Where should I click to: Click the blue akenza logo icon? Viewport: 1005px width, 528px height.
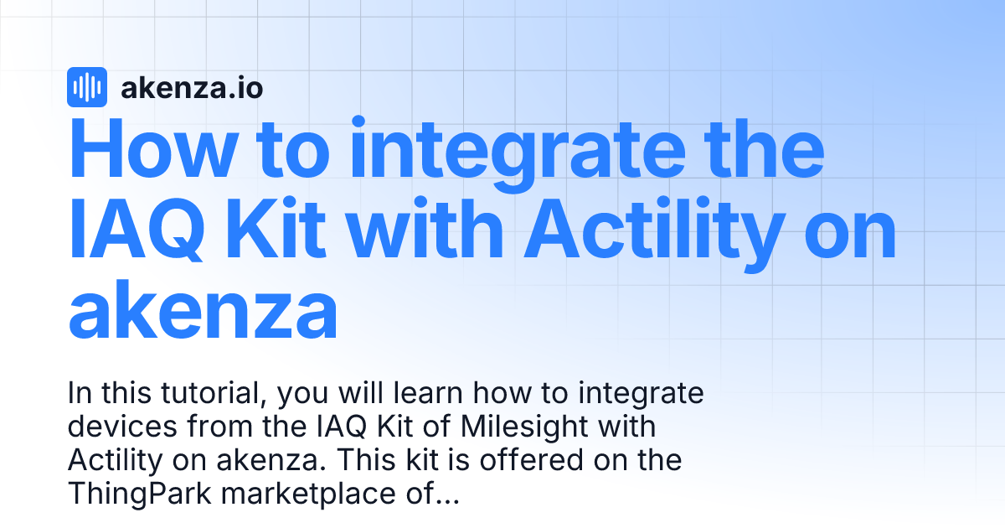tap(86, 87)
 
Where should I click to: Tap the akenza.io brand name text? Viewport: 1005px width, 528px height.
tap(192, 87)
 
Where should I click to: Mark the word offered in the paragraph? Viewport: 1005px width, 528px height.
tap(533, 460)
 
